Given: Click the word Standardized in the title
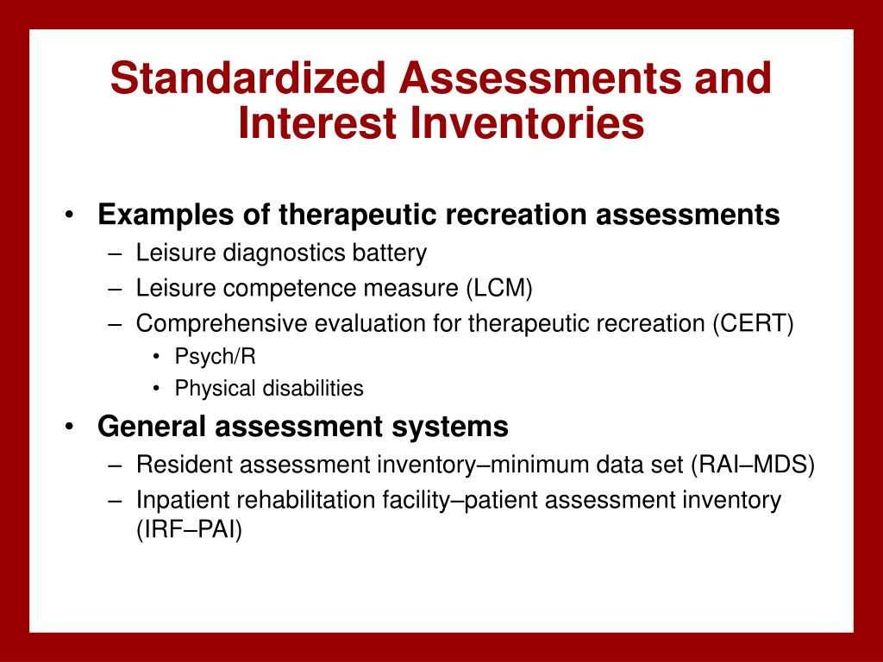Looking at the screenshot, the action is [x=247, y=78].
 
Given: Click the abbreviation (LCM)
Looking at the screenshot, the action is [x=499, y=288].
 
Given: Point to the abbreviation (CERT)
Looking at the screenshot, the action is [x=753, y=324].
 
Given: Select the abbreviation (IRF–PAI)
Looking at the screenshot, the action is [x=189, y=530].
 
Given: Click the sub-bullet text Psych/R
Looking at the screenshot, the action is [x=215, y=356].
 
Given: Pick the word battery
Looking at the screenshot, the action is [x=390, y=253].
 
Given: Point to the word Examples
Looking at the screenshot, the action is [x=166, y=215].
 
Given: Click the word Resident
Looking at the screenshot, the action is [x=185, y=465].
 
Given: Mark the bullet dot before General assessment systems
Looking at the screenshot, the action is [x=69, y=426].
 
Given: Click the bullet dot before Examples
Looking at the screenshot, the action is [x=69, y=215].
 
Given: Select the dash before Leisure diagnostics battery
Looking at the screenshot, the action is [x=115, y=254].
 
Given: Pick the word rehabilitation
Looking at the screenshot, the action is [x=304, y=501].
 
